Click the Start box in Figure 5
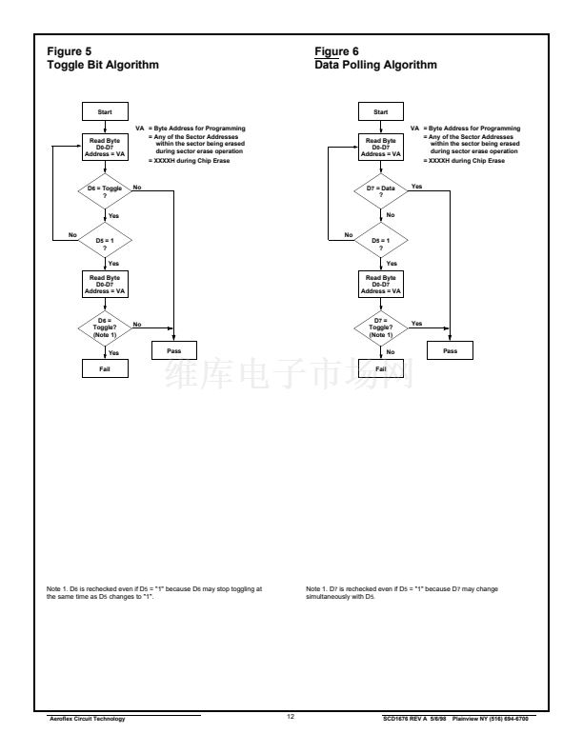pyautogui.click(x=106, y=112)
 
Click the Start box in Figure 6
pyautogui.click(x=381, y=112)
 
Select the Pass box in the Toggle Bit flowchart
pyautogui.click(x=173, y=350)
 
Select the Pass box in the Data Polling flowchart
pyautogui.click(x=450, y=350)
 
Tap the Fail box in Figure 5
pyautogui.click(x=106, y=368)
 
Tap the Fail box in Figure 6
pyautogui.click(x=381, y=368)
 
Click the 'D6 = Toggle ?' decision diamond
pyautogui.click(x=106, y=191)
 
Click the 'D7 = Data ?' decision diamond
pyautogui.click(x=381, y=191)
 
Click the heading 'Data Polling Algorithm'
pyautogui.click(x=375, y=66)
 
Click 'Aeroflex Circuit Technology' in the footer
pyautogui.click(x=83, y=718)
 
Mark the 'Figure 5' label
pyautogui.click(x=66, y=53)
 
